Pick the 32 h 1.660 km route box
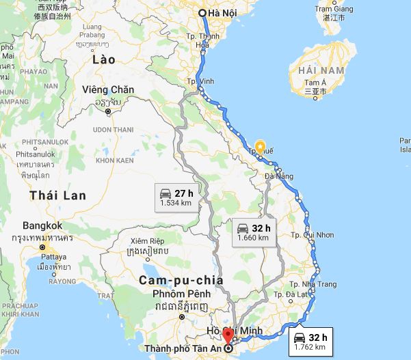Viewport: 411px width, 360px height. [252, 232]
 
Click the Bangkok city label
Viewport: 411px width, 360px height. [42, 225]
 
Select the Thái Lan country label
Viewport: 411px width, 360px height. [58, 195]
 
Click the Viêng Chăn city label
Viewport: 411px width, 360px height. [107, 90]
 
